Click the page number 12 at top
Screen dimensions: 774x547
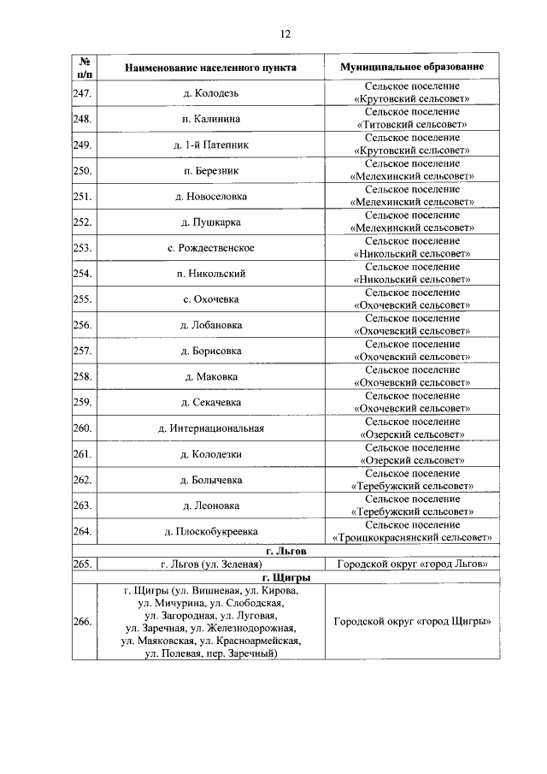pos(285,34)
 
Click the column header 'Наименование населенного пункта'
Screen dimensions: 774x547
pos(211,67)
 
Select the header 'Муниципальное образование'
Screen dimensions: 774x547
pos(411,67)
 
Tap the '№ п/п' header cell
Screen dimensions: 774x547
pos(85,67)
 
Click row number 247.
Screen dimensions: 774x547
pos(83,92)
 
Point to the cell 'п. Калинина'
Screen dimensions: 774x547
pos(211,118)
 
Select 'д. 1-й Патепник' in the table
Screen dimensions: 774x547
pos(211,145)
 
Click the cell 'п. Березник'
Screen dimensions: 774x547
pos(211,170)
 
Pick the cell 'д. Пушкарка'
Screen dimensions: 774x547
pos(211,222)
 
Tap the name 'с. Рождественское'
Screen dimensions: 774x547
pos(211,248)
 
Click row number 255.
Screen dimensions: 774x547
pos(83,299)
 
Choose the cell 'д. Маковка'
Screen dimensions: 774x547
pos(211,376)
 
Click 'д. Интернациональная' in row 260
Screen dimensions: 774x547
pos(211,428)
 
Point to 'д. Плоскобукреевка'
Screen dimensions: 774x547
pos(211,531)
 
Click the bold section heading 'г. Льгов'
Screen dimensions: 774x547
pos(285,551)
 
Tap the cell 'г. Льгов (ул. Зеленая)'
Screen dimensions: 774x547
pos(211,564)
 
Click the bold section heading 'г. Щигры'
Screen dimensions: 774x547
pos(285,578)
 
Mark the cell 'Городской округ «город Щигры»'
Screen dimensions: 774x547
pos(411,622)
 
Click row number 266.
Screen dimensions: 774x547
pos(83,622)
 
